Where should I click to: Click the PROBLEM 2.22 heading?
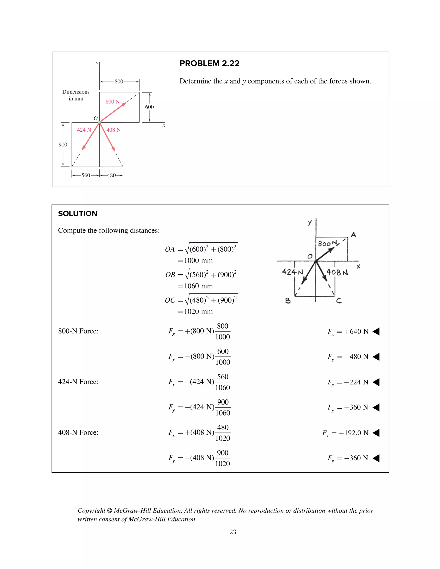[x=209, y=63]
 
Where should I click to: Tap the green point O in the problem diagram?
[x=99, y=122]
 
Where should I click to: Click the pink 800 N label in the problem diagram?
[x=112, y=102]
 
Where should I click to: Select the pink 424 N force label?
[x=84, y=130]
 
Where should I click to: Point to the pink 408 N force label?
[x=113, y=130]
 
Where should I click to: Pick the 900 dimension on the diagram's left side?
[x=63, y=145]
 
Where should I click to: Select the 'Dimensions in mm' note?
[x=76, y=95]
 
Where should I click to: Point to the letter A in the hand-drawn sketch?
[x=353, y=235]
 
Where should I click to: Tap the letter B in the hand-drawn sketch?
[x=288, y=301]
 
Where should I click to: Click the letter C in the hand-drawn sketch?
[x=339, y=301]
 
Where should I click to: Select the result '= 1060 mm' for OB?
[x=195, y=286]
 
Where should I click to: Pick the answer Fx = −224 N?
[x=348, y=382]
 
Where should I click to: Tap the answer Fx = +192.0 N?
[x=345, y=433]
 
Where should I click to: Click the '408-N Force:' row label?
[x=78, y=432]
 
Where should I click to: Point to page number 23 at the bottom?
[x=233, y=532]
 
